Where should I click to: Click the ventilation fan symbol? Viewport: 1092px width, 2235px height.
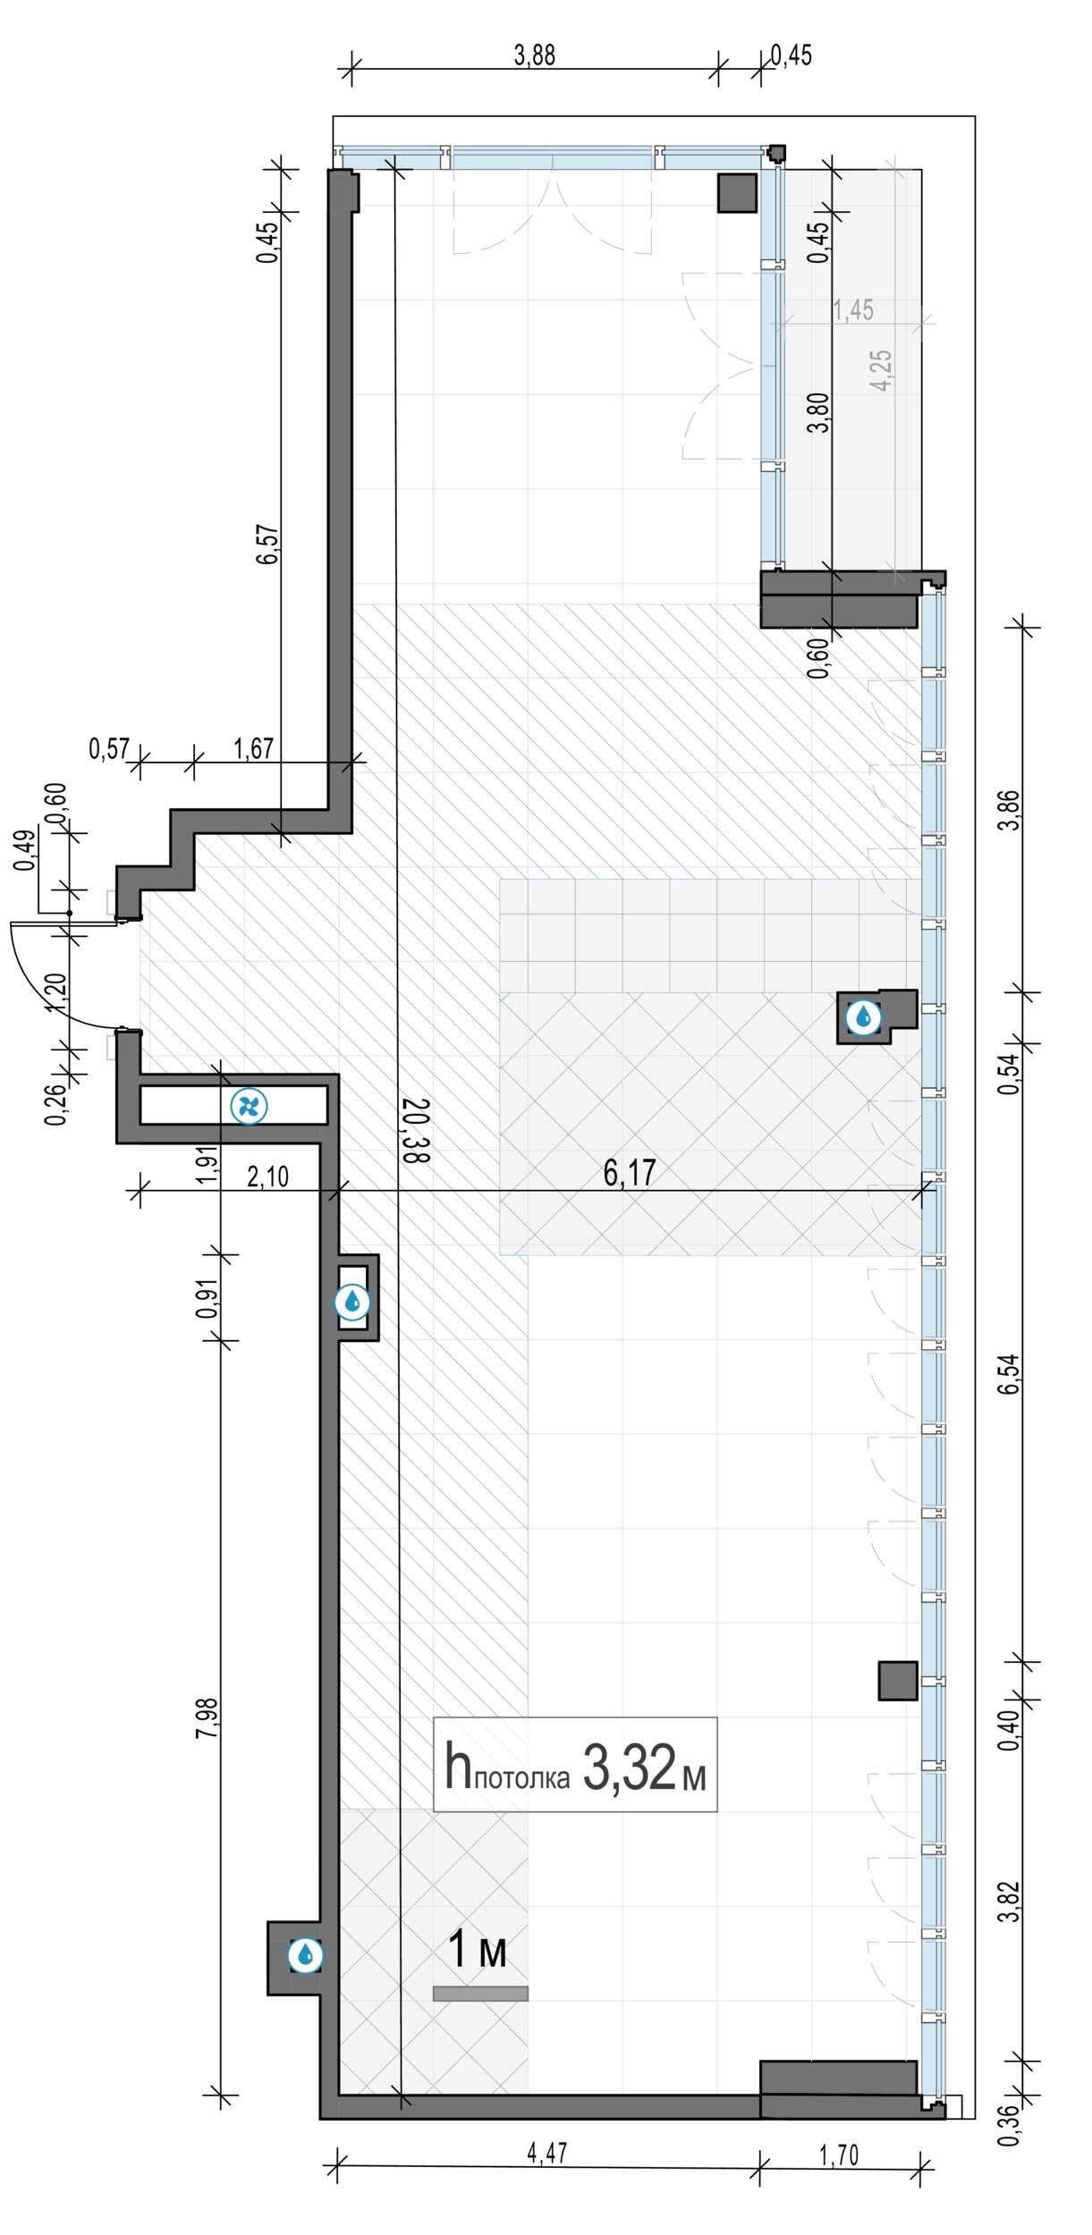(x=249, y=1107)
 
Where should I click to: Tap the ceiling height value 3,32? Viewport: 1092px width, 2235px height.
(x=630, y=1767)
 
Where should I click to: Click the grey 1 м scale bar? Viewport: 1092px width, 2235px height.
(x=480, y=1993)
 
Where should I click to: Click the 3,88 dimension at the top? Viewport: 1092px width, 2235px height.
(x=534, y=55)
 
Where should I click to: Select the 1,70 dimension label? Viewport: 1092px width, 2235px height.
(x=839, y=2155)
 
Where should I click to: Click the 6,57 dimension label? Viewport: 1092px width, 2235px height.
(x=267, y=544)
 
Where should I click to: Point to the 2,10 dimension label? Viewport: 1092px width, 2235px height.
(x=268, y=1177)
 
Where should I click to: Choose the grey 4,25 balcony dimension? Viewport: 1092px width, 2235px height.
(x=881, y=369)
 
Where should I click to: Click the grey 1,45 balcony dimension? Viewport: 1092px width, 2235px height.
(x=853, y=310)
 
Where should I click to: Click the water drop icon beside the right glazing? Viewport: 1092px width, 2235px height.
(x=863, y=1017)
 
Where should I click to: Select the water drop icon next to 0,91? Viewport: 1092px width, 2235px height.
(x=352, y=1302)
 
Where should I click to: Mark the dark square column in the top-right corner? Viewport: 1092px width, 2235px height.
(x=738, y=192)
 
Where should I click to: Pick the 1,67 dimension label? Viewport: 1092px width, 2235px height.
(x=254, y=748)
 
